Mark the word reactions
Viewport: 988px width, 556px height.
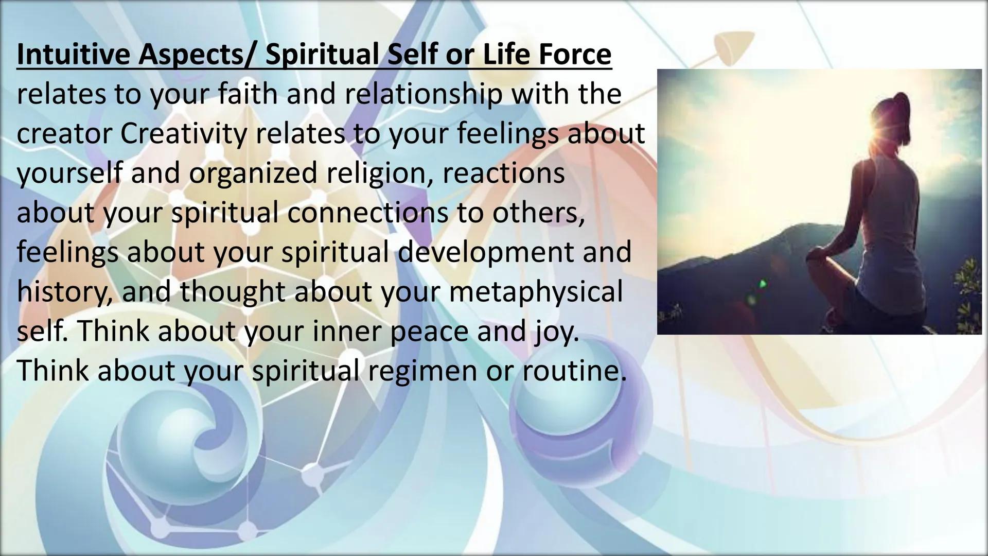click(503, 173)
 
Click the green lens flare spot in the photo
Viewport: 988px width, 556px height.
click(762, 283)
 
